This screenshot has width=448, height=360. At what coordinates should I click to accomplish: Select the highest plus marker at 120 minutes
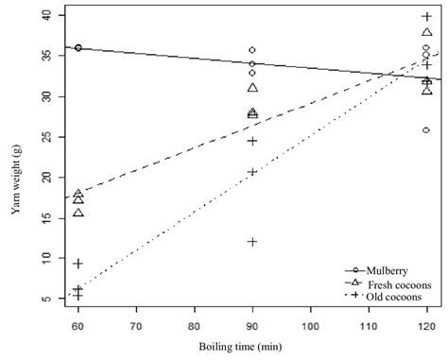click(x=426, y=17)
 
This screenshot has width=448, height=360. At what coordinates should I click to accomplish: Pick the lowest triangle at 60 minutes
click(x=78, y=212)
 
